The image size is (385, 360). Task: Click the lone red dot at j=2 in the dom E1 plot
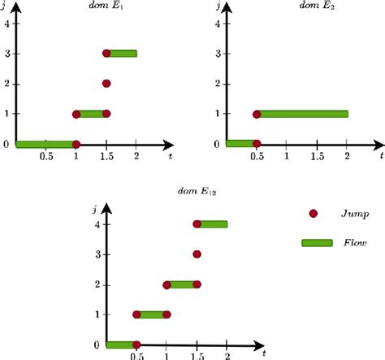106,83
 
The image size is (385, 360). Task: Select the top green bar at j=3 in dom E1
122,54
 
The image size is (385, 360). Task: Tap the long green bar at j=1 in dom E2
302,114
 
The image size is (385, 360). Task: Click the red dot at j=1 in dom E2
257,114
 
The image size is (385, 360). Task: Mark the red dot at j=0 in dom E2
257,144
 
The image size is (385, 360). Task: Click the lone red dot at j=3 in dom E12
197,254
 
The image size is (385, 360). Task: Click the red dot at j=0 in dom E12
136,345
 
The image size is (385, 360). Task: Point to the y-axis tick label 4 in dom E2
218,24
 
